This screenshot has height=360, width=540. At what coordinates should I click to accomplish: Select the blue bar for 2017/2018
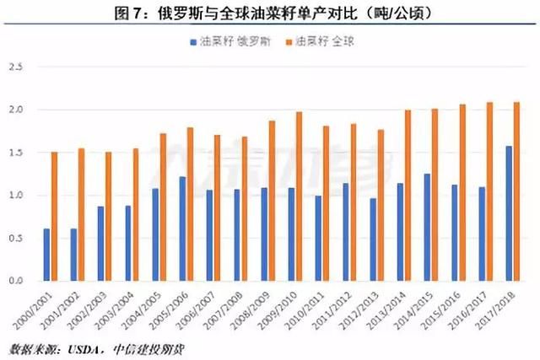coord(508,213)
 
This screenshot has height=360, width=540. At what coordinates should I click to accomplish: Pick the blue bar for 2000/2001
coord(46,255)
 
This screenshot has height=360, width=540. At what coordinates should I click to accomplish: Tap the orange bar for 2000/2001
coord(55,216)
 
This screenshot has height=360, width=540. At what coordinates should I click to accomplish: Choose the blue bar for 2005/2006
coord(182,228)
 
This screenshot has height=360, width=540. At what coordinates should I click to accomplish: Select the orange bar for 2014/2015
coord(435,195)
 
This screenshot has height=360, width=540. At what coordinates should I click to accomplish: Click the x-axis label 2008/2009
coord(259,310)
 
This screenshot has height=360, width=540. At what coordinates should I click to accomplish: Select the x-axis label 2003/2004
coord(123,310)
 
